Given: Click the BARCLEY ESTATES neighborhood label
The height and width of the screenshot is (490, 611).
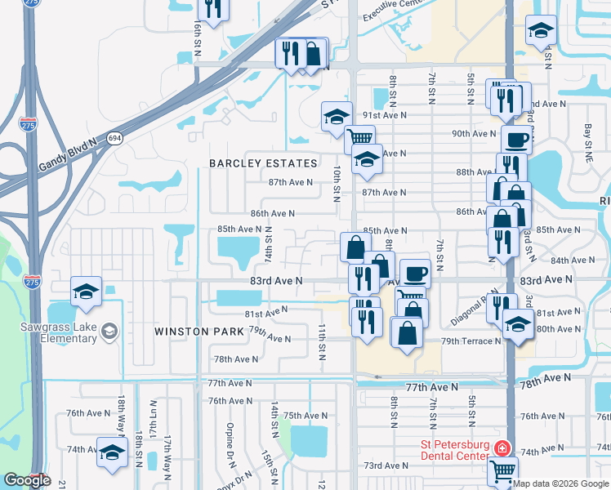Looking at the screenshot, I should (x=262, y=163).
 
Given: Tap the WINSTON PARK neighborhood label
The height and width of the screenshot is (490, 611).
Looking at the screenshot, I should (x=200, y=332).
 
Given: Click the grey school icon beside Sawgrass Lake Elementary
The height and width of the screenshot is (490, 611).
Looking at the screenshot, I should (x=109, y=332).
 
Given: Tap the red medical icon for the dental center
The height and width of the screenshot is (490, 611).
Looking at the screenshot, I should (x=502, y=449).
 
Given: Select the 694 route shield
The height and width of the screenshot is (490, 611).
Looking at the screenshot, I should (x=114, y=139).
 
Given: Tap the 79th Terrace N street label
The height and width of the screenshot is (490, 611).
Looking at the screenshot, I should (x=471, y=341).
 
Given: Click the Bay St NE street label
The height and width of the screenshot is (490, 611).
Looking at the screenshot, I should (x=587, y=136).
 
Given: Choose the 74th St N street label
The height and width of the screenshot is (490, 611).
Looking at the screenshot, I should (x=269, y=246).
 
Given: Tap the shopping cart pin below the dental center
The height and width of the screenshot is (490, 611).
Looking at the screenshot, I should (x=503, y=470).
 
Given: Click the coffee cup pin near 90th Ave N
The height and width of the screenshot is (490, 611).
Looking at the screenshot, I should (x=516, y=139).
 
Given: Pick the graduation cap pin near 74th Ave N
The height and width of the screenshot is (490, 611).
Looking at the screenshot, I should (x=112, y=452).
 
